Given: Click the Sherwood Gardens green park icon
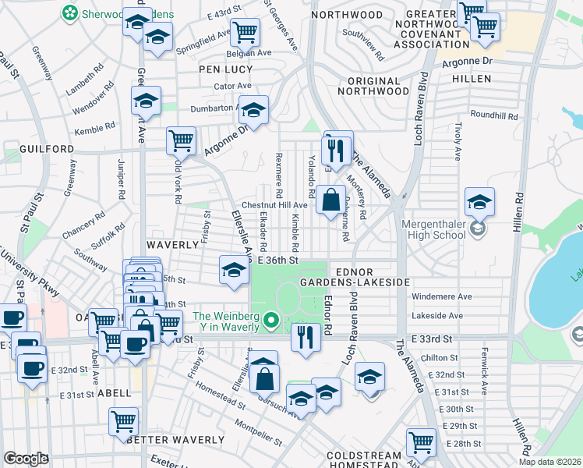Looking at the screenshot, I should [x=70, y=12].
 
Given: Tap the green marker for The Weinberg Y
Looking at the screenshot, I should [x=271, y=320].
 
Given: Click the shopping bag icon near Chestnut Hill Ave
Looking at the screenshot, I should [x=330, y=200].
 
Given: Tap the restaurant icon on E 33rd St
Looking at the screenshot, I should [x=305, y=337].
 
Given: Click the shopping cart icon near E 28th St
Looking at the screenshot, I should [x=421, y=442].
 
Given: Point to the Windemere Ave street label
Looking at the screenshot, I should [x=441, y=297].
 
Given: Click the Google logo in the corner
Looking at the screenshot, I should [x=25, y=459].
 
